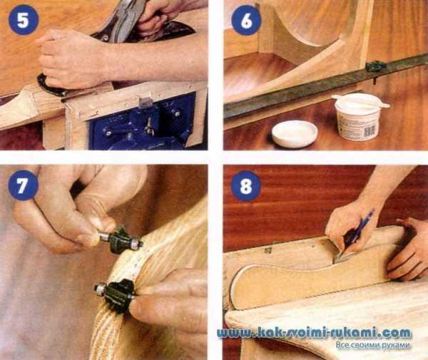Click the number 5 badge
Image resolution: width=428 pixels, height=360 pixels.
tap(24, 19)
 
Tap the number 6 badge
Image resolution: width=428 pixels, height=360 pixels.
tap(246, 20)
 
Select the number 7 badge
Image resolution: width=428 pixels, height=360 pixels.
tap(23, 185)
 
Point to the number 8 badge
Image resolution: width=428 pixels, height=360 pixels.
tap(246, 186)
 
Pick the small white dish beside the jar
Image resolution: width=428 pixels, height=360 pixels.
tap(295, 133)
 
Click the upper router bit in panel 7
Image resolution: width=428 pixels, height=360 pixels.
tap(120, 239)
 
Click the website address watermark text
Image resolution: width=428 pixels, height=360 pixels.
tap(314, 334)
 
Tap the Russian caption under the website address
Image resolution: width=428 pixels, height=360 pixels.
tap(373, 345)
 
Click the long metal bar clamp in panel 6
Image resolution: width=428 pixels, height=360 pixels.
tap(325, 86)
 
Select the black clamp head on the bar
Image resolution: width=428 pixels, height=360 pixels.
tap(376, 67)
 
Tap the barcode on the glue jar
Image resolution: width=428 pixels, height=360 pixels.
tap(370, 132)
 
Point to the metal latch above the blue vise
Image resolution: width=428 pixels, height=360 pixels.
tap(145, 102)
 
